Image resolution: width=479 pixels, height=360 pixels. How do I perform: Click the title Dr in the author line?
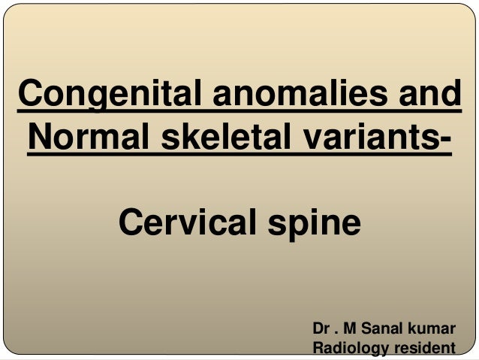pos(321,330)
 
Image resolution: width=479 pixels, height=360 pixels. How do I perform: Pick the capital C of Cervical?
pos(131,223)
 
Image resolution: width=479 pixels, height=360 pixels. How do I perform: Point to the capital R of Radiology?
pos(317,348)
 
